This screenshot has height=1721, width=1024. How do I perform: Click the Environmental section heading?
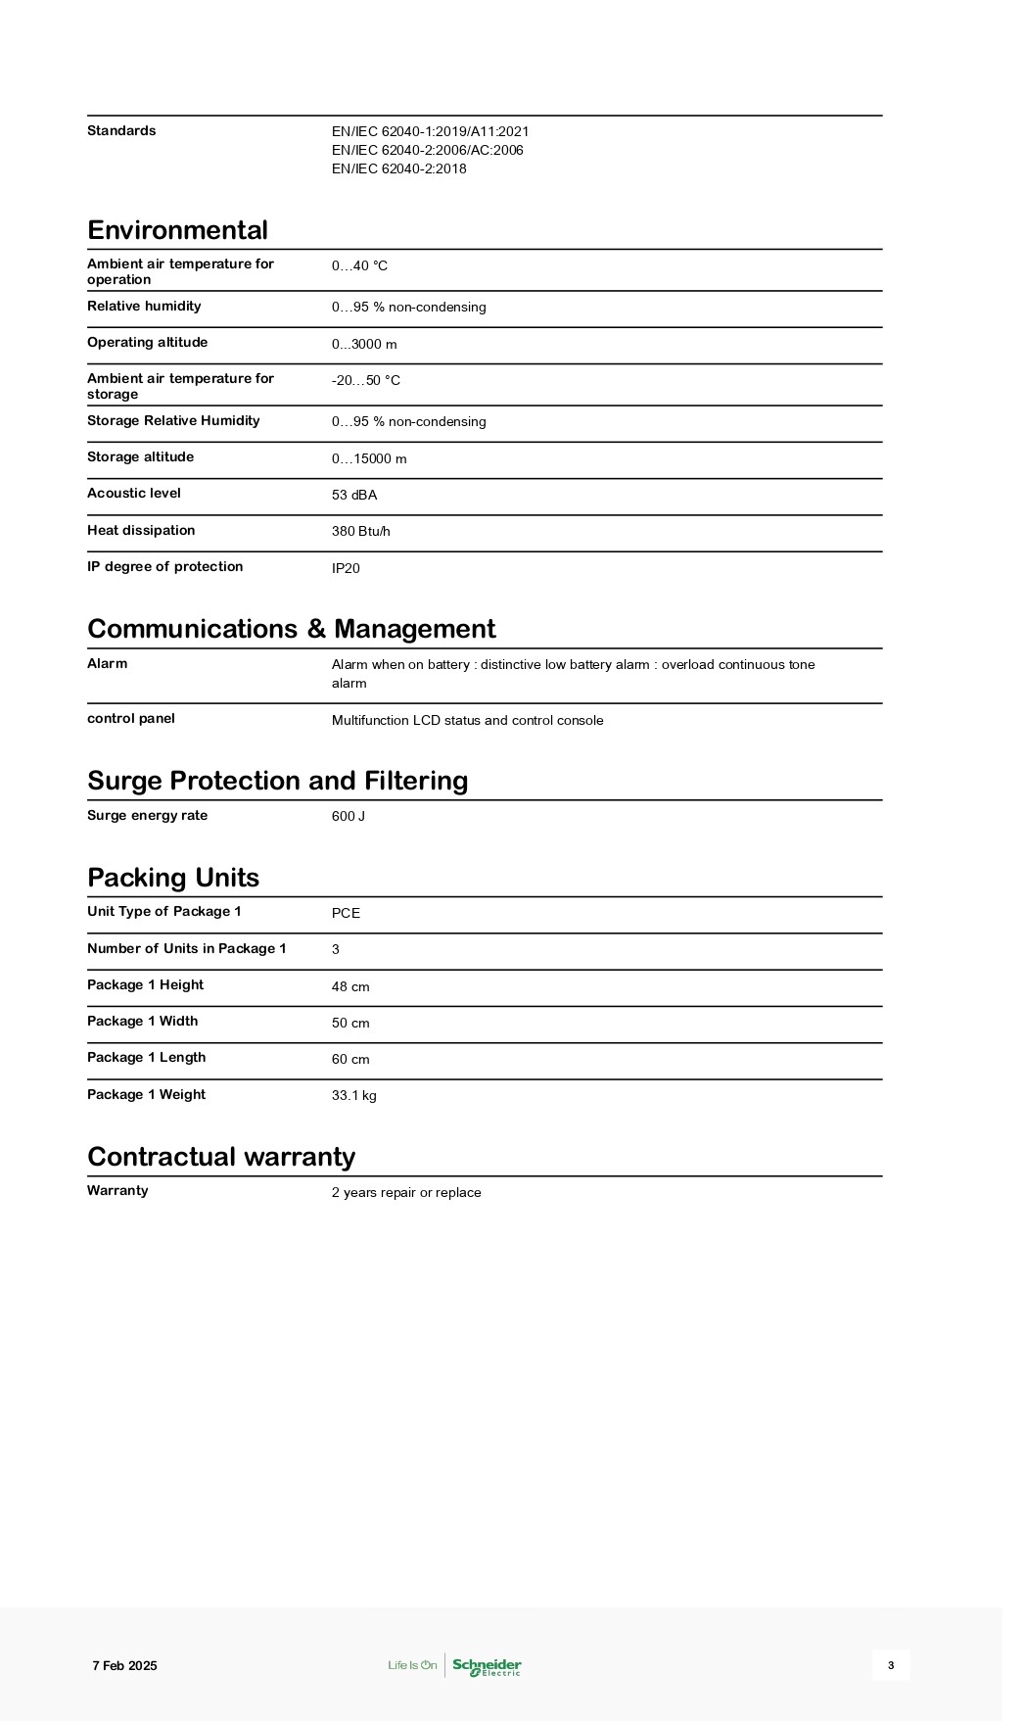coord(177,230)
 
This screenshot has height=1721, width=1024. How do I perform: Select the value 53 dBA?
coord(354,495)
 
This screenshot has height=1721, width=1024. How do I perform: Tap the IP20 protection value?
coord(346,568)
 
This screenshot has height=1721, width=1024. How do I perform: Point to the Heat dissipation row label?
coord(141,531)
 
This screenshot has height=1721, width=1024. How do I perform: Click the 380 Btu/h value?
coord(361,531)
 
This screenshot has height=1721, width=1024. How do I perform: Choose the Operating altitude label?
coord(147,343)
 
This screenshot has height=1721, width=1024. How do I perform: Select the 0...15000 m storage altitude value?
coord(369,458)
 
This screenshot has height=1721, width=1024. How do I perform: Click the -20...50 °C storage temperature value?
coord(366,380)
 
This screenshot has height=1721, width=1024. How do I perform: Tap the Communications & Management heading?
coord(291,629)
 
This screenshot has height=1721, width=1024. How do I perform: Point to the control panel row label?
coord(131,719)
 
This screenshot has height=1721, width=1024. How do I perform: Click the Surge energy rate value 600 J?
coord(349,816)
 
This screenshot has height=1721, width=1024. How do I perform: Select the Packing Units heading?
coord(173,878)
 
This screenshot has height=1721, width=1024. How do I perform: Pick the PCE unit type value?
coord(346,913)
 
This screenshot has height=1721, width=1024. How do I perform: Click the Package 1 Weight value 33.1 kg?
coord(354,1095)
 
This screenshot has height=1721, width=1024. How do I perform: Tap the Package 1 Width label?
coord(142,1022)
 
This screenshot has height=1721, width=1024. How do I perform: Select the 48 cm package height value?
coord(350,986)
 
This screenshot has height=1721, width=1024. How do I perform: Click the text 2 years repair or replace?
coord(406,1192)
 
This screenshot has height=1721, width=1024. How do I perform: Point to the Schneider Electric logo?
coord(487,1666)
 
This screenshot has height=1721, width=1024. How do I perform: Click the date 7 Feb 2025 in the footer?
coord(124,1665)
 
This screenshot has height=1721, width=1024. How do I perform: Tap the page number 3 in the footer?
coord(891,1665)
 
